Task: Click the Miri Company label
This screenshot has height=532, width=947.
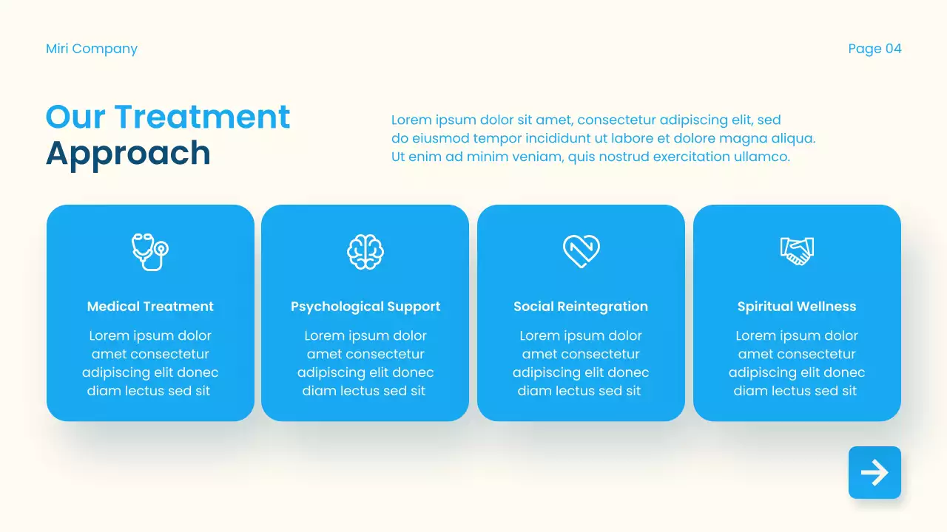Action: [92, 49]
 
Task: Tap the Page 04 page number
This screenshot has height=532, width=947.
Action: [874, 49]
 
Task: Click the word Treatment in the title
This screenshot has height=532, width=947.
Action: [202, 117]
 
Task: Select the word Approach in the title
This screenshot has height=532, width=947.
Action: [128, 154]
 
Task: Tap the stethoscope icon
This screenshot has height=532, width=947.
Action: [150, 251]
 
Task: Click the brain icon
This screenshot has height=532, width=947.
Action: [365, 252]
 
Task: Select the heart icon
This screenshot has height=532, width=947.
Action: [581, 251]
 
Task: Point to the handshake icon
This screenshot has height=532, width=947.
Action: [797, 251]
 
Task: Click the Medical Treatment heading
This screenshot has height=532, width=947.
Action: [150, 307]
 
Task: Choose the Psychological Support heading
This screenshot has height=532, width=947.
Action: [365, 307]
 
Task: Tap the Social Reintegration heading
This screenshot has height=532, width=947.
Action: [581, 307]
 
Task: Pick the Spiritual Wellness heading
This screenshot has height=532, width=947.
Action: [797, 307]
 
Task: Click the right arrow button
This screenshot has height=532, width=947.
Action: [874, 473]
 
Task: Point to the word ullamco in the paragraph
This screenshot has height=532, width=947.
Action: [761, 157]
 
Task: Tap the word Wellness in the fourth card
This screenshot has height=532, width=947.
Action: [826, 307]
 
